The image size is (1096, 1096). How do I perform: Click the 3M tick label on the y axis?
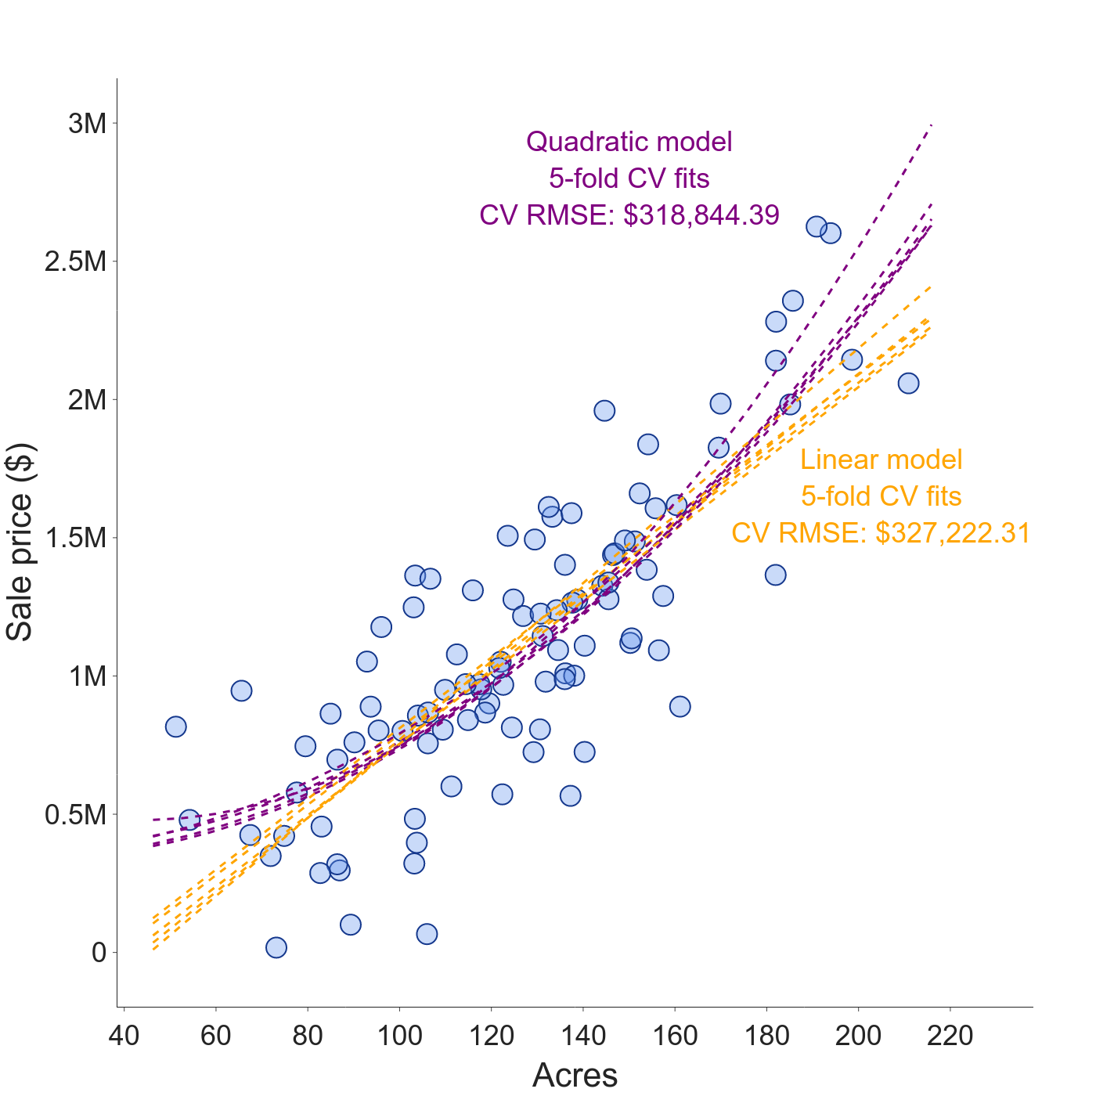(x=87, y=124)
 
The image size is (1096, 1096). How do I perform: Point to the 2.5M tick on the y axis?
(x=76, y=262)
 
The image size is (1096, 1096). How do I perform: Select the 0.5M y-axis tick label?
(x=76, y=815)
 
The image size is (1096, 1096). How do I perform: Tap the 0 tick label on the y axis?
(x=99, y=953)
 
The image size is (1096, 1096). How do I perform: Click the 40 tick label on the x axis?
(x=124, y=1036)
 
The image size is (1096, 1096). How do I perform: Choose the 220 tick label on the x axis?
(x=950, y=1036)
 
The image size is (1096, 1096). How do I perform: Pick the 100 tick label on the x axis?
(x=399, y=1036)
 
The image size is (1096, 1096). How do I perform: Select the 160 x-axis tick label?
(x=675, y=1036)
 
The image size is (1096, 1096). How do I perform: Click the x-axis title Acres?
(x=575, y=1075)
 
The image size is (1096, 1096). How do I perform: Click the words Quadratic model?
(x=629, y=142)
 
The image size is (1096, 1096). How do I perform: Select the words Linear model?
(x=881, y=460)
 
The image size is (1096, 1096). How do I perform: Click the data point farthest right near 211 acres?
(x=908, y=383)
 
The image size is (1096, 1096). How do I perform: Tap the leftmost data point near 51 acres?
(x=175, y=726)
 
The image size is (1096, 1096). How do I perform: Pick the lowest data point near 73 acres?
(x=276, y=947)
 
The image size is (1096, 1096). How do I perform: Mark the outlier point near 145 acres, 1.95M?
(x=604, y=410)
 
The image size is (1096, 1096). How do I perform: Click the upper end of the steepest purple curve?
(x=931, y=125)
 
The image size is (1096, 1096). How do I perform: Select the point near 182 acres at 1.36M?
(x=775, y=575)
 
